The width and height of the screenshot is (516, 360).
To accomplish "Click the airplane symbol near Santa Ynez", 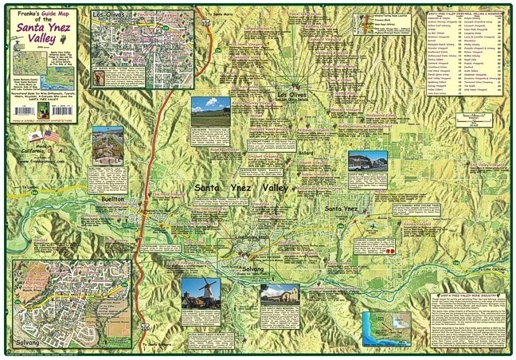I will (374, 225).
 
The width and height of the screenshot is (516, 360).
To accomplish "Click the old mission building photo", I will (279, 295).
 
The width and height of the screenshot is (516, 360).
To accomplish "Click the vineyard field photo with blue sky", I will (210, 108).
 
